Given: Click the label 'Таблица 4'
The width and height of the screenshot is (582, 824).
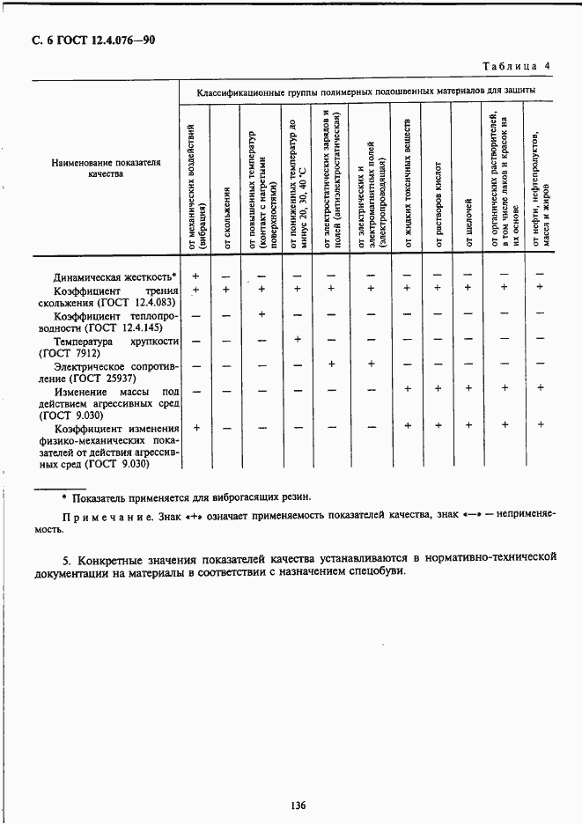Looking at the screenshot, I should tap(516, 66).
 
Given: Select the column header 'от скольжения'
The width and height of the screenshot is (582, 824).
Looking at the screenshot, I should tap(227, 217).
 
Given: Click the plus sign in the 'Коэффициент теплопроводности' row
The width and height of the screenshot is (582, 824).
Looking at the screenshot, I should tap(262, 314).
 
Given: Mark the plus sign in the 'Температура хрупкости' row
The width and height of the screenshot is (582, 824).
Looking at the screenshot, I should tap(297, 339).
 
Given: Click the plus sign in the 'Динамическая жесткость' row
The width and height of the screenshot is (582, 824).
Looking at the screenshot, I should tap(195, 276).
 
